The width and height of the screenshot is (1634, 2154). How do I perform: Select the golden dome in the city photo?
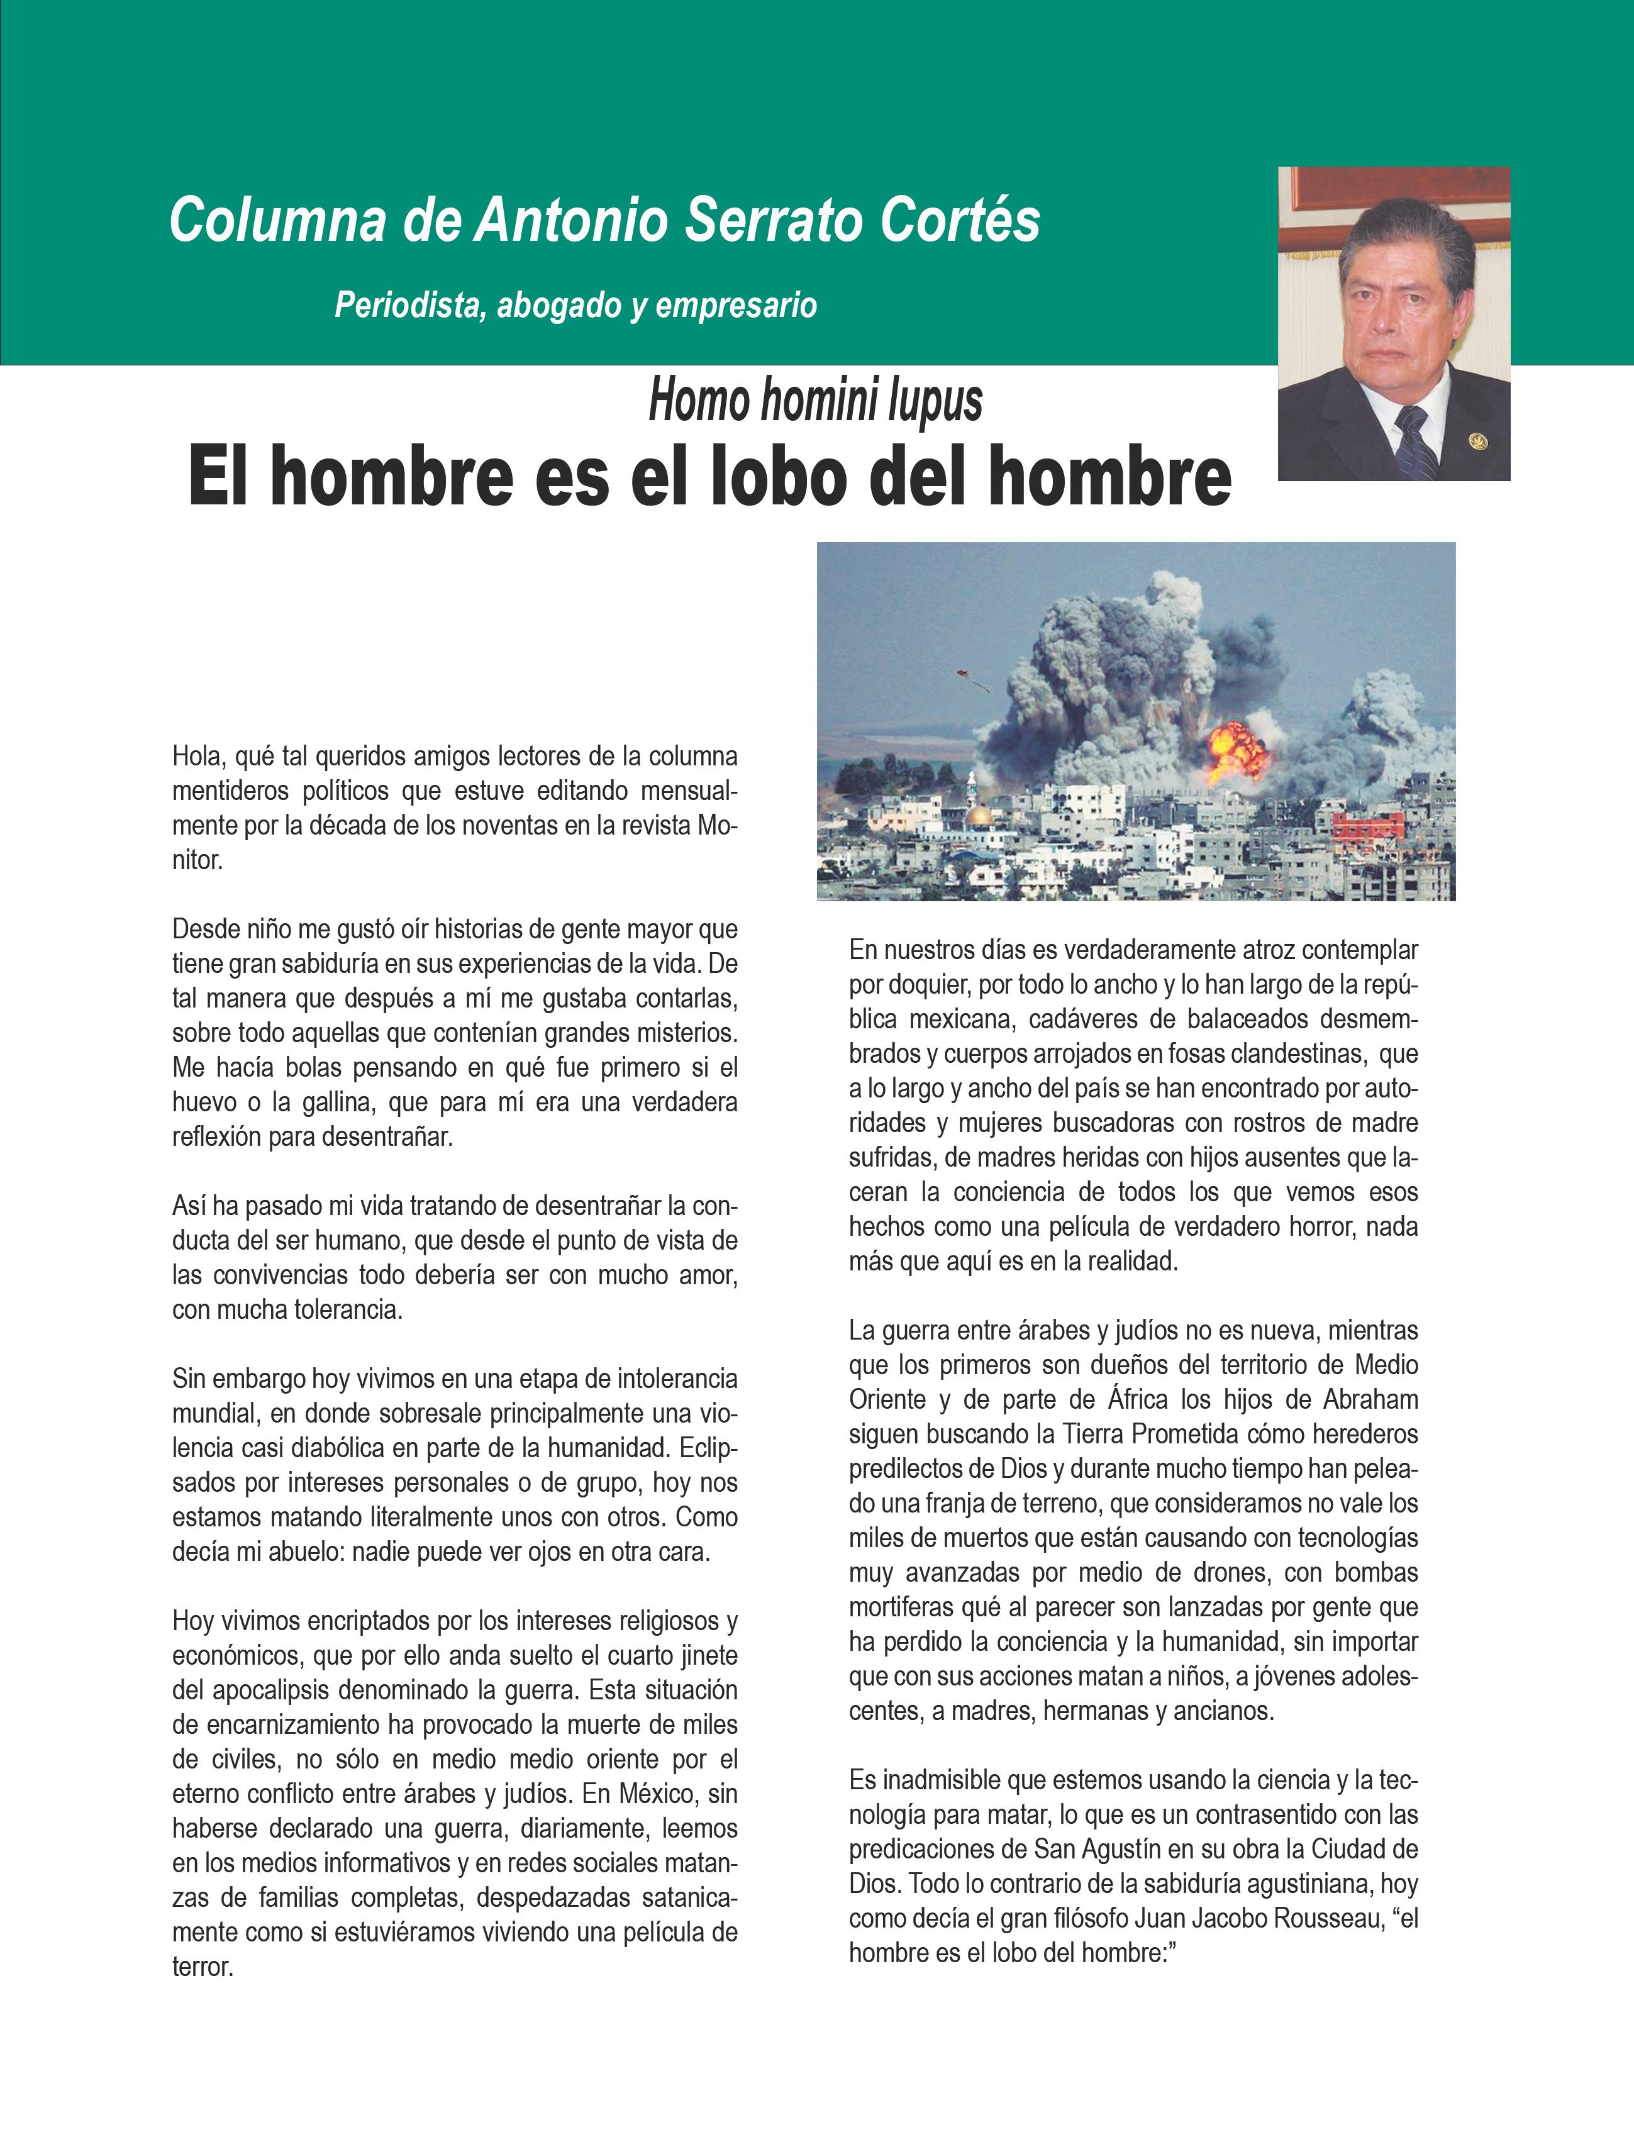[980, 815]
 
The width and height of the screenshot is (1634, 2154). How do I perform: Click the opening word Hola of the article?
[197, 757]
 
